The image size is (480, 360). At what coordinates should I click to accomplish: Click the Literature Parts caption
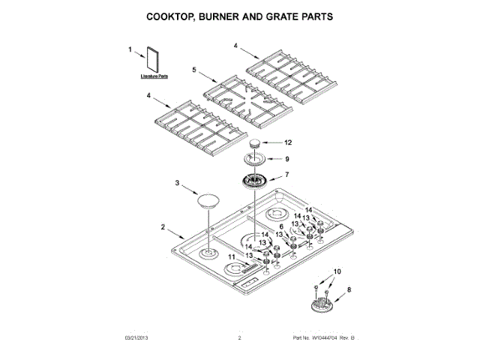(154, 77)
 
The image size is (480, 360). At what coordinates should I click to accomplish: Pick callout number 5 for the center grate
(193, 70)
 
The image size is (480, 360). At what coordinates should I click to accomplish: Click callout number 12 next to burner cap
(286, 142)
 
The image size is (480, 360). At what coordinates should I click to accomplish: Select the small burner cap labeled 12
(257, 144)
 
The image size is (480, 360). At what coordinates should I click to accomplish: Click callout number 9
(286, 159)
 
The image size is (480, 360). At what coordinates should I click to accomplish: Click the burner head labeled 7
(257, 181)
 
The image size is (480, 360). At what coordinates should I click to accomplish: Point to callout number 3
(178, 183)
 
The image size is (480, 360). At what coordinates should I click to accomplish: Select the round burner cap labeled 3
(208, 199)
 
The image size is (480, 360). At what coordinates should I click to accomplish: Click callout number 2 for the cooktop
(163, 226)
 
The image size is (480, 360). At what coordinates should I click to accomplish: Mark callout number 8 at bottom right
(348, 288)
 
